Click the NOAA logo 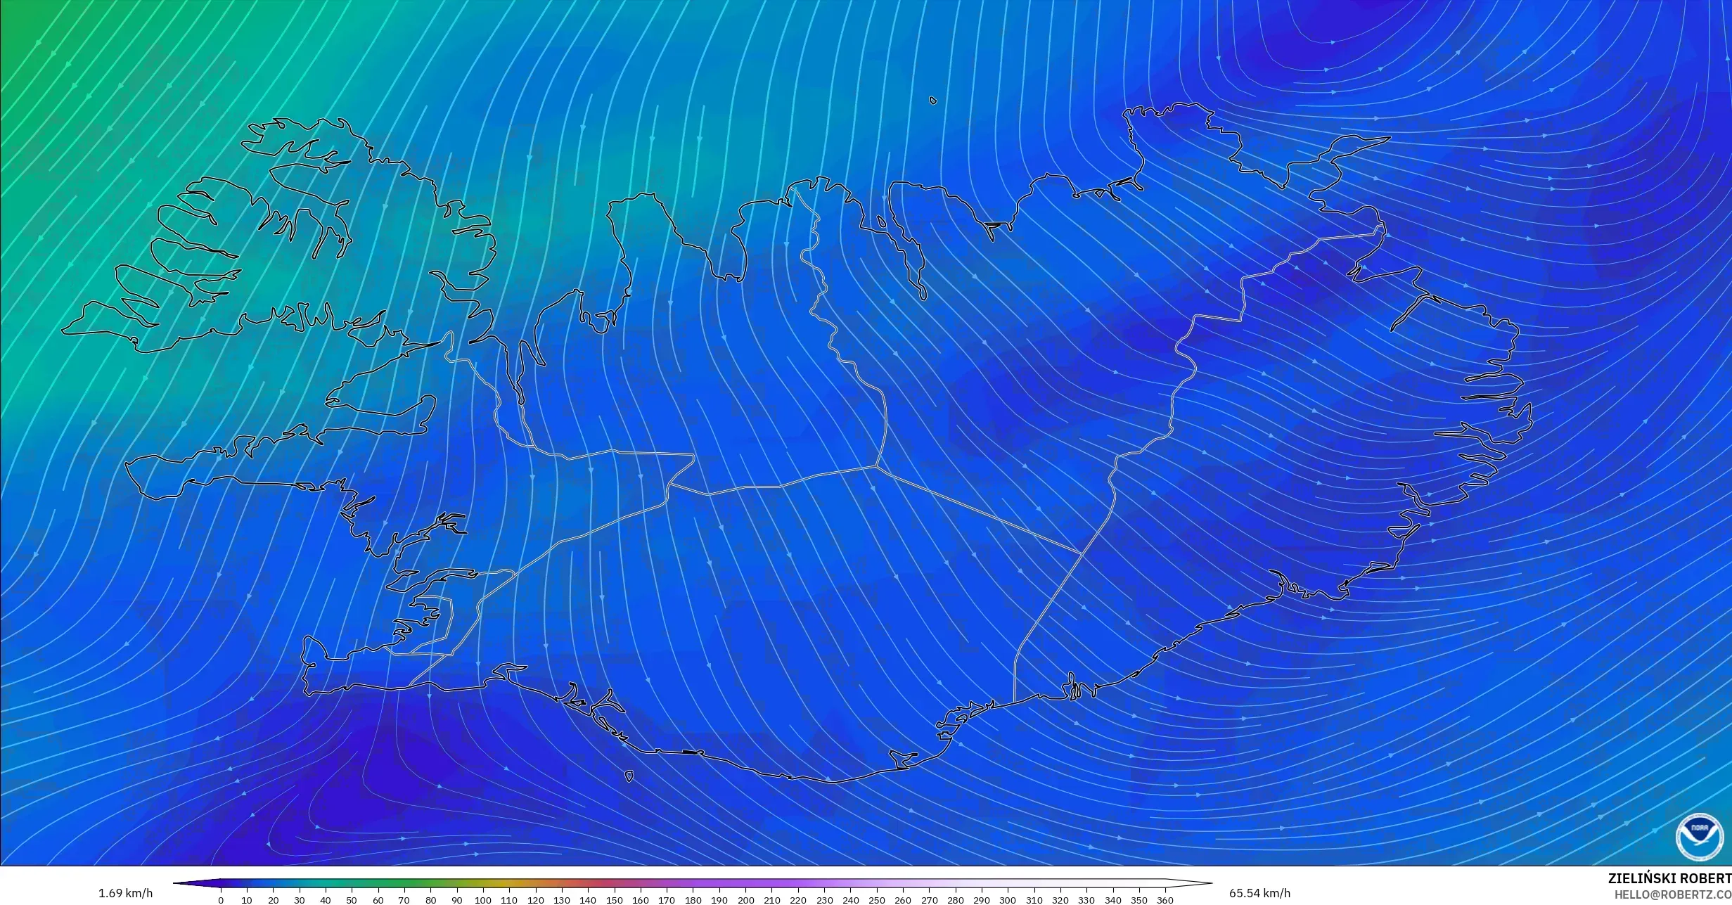tap(1700, 837)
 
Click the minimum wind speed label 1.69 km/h tap(125, 894)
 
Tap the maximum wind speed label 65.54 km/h tap(1259, 894)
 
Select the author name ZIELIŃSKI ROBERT tap(1669, 879)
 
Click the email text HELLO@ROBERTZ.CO tap(1672, 894)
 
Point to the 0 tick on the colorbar tap(221, 900)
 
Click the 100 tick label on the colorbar tap(482, 900)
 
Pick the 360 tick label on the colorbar tap(1165, 900)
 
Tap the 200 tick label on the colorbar tap(745, 900)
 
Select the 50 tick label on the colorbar tap(352, 900)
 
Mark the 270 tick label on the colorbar tap(929, 900)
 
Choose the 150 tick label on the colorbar tap(614, 900)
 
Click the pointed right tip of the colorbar tap(1211, 883)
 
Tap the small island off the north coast tap(933, 101)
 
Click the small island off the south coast tap(629, 776)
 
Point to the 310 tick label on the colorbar tap(1034, 900)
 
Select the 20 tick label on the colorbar tap(273, 900)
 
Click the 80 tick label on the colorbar tap(430, 900)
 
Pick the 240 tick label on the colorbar tap(850, 900)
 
